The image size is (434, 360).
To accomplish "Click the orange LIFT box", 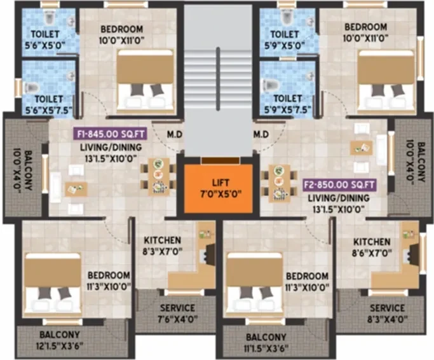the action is tap(218, 188).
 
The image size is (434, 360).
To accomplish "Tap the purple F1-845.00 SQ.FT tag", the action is tap(110, 134).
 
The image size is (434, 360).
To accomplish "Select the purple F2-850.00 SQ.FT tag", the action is tap(339, 185).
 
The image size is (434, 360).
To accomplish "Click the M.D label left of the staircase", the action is tap(175, 135).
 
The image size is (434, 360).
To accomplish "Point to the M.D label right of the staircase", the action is tap(261, 134).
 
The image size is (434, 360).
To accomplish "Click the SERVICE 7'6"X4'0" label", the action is tap(177, 314).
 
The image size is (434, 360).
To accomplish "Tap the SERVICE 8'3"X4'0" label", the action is tap(387, 314).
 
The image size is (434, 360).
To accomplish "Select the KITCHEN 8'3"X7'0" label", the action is tap(163, 246).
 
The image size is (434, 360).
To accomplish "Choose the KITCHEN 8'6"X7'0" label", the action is tap(372, 247).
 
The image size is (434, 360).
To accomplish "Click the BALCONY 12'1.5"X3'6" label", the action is tap(60, 340).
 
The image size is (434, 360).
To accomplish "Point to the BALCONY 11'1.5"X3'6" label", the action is tap(266, 343).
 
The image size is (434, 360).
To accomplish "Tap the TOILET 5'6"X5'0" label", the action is tap(45, 39).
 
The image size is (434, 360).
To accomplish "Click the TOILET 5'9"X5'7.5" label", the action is tap(287, 104).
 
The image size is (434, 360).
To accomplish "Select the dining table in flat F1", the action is tap(159, 176).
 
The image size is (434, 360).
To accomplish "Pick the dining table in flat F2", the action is tap(279, 183).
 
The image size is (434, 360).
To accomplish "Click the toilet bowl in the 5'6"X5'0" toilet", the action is tap(49, 18).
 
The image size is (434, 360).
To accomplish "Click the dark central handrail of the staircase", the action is tap(218, 79).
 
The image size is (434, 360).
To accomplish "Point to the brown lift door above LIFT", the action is tap(220, 160).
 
